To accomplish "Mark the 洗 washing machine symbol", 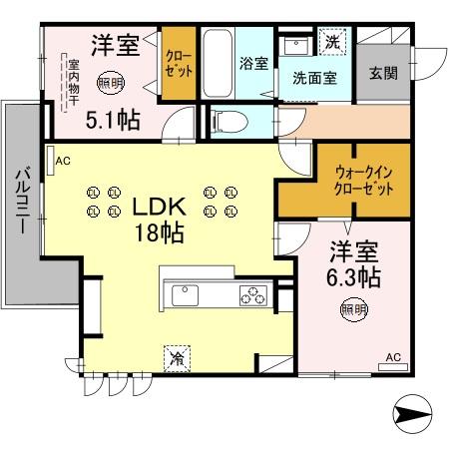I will [x=330, y=44].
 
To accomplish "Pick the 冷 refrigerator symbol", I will [x=177, y=355].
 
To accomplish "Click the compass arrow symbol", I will [x=412, y=410].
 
